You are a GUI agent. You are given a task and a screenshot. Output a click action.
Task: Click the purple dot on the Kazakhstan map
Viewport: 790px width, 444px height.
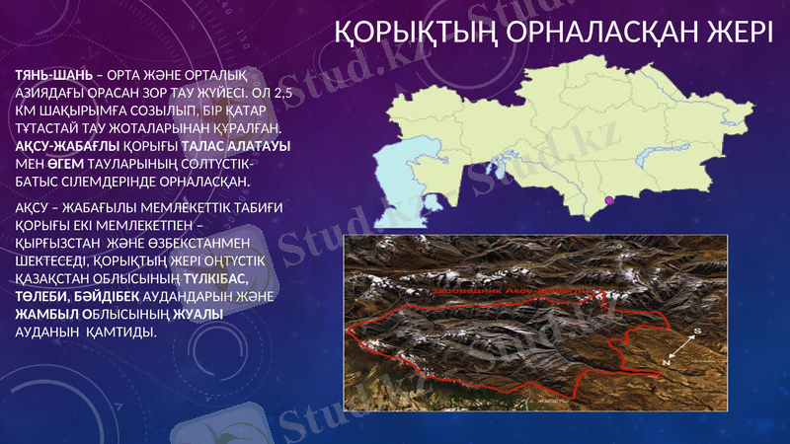608,202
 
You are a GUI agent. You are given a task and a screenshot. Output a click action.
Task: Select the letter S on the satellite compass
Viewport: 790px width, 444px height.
697,332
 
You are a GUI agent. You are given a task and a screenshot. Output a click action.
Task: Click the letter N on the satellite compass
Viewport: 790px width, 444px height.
666,362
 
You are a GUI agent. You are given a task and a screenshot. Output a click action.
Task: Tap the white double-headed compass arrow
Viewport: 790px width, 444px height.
681,347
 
